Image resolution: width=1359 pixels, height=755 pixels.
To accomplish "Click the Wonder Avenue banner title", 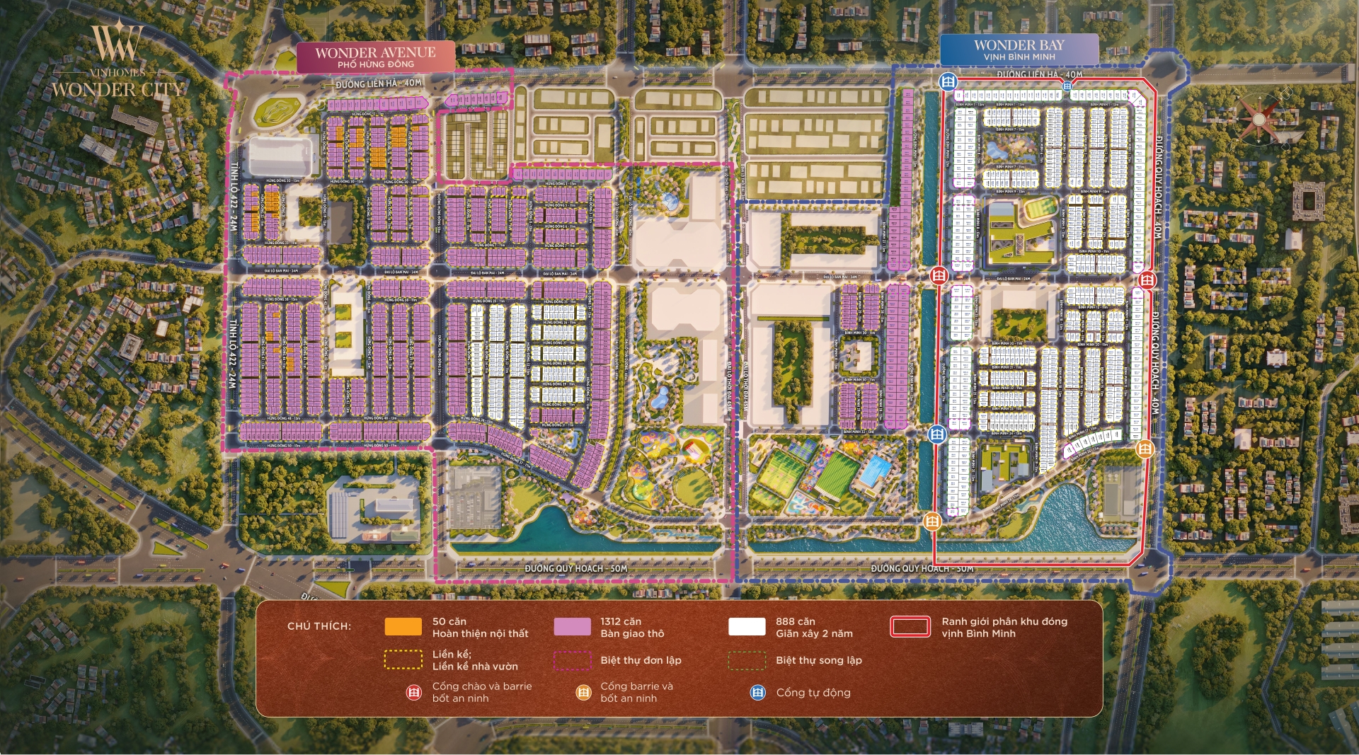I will tap(375, 52).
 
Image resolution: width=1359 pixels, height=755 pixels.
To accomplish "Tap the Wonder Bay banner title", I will tap(1019, 45).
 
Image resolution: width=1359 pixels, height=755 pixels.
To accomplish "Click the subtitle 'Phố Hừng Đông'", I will tap(375, 64).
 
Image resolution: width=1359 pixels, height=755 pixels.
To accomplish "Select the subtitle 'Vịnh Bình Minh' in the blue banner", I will tap(1019, 57).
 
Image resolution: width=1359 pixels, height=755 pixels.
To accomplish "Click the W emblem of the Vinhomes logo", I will tap(117, 44).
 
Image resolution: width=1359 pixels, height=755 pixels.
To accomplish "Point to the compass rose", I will tap(1258, 119).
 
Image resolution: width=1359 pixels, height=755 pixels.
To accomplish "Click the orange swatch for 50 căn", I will tap(403, 627).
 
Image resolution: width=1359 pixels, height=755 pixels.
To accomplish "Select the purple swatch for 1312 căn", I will tap(572, 627).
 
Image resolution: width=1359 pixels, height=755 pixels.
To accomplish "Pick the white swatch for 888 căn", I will tap(747, 627).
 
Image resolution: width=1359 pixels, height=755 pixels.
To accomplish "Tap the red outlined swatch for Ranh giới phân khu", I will tap(910, 627).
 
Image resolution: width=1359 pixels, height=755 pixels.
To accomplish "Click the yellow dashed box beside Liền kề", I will tap(403, 659).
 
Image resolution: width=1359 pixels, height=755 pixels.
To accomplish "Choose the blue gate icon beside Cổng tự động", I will tap(757, 693).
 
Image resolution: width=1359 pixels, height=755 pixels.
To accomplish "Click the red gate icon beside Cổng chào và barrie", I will tap(413, 693).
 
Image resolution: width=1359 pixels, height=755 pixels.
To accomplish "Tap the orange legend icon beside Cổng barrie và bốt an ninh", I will tap(583, 693).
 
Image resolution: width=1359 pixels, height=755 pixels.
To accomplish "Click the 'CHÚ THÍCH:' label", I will tap(319, 626).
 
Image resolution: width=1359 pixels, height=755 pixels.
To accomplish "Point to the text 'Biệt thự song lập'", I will tap(818, 660).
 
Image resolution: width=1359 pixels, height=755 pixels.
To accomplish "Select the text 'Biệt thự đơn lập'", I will tap(641, 660).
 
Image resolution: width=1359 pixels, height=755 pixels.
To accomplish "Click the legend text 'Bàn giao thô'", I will tap(632, 633).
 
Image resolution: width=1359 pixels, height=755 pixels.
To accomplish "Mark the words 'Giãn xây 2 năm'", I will tap(814, 633).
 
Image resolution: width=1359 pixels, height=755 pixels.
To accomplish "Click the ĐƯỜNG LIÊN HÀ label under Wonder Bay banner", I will tap(1039, 74).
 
